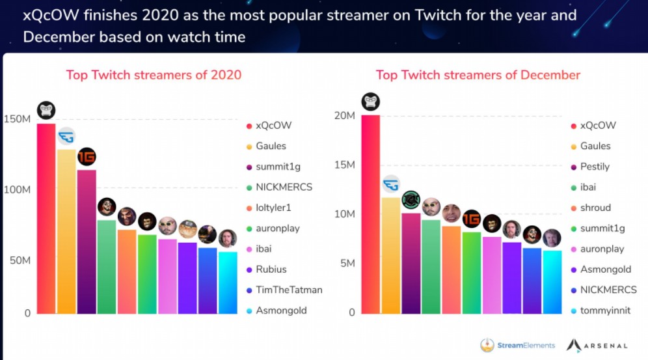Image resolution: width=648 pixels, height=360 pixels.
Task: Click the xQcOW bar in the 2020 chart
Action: [46, 218]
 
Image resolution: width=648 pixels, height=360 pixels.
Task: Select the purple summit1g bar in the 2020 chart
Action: [87, 242]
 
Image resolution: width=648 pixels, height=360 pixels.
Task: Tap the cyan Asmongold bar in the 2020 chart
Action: [228, 283]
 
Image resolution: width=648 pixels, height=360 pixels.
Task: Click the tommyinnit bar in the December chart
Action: [552, 282]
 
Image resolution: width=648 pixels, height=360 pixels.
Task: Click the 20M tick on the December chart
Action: [343, 115]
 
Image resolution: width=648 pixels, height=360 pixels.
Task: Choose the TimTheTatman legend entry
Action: [289, 290]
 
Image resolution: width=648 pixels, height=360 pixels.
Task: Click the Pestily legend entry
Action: [595, 167]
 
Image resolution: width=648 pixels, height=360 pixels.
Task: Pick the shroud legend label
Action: [595, 208]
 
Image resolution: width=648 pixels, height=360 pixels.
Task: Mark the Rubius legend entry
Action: [271, 270]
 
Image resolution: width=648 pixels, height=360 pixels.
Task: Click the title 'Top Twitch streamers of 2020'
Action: [154, 75]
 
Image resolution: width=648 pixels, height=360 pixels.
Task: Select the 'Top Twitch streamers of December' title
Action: [478, 75]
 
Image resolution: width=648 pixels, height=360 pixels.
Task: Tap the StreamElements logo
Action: [518, 345]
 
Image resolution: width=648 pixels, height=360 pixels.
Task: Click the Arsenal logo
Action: [597, 345]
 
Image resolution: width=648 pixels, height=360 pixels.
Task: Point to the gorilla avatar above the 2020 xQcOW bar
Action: [46, 110]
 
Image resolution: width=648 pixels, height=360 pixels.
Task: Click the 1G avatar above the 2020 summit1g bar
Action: [87, 157]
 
